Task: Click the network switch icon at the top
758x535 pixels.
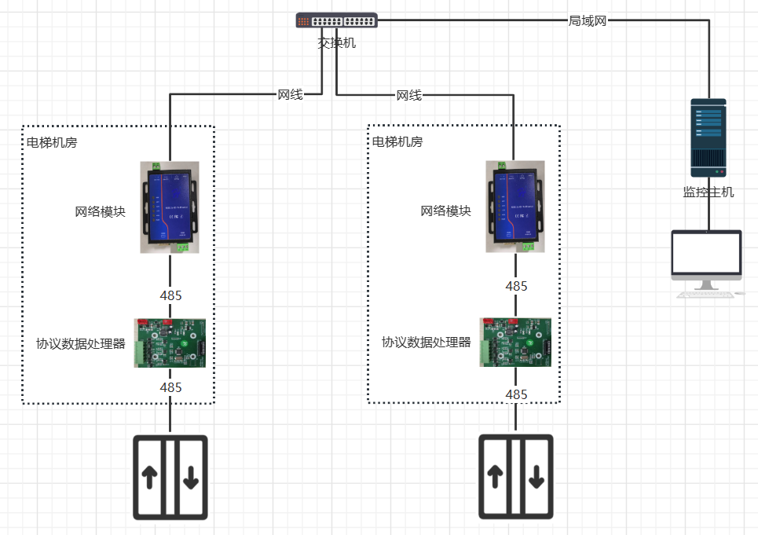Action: coord(336,21)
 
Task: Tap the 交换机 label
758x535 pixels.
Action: coord(336,43)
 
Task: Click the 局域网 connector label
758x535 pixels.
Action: coord(588,21)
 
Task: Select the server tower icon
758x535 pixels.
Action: coord(708,137)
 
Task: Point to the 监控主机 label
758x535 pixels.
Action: coord(709,192)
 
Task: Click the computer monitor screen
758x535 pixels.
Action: coord(707,253)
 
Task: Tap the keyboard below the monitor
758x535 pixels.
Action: coord(708,295)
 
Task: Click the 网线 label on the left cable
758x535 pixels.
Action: coord(290,95)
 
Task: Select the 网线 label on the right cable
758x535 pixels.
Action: coord(408,95)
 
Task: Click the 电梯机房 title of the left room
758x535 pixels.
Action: coord(52,142)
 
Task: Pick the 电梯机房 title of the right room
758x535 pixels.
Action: coord(397,142)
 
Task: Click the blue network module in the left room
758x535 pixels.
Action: coord(169,207)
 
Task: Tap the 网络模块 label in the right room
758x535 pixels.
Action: coord(445,211)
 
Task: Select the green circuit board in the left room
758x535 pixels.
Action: coord(170,343)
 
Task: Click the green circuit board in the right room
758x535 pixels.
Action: coord(515,342)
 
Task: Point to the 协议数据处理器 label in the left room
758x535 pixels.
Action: coord(81,343)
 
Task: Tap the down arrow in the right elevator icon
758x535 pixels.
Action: coord(537,476)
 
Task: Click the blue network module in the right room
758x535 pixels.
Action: coord(514,207)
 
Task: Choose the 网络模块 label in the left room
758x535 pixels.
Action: coord(100,211)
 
